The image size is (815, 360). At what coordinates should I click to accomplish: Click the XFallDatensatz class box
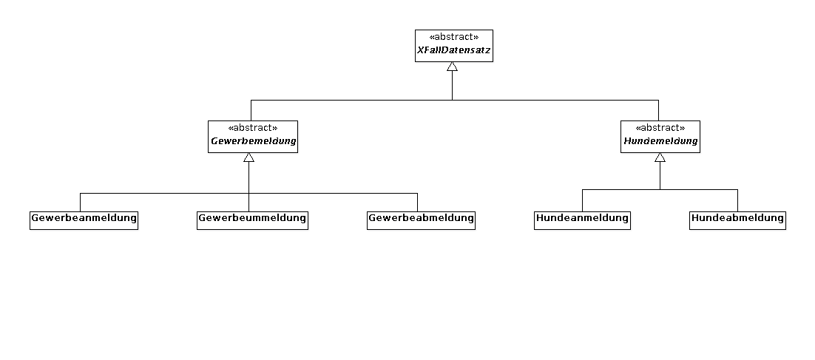pyautogui.click(x=454, y=46)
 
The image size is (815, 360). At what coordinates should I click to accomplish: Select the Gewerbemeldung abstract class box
pyautogui.click(x=253, y=137)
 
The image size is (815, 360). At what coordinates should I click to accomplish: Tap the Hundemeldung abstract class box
pyautogui.click(x=660, y=137)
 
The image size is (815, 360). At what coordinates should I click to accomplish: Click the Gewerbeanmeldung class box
pyautogui.click(x=84, y=220)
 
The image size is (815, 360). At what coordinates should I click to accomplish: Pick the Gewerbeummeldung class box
pyautogui.click(x=253, y=220)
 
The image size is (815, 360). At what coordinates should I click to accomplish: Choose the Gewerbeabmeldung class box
pyautogui.click(x=421, y=220)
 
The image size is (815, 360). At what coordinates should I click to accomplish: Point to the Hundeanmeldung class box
pyautogui.click(x=582, y=220)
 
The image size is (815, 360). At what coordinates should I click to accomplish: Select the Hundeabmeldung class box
pyautogui.click(x=737, y=220)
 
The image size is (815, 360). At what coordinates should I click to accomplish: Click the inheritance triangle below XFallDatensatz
pyautogui.click(x=452, y=67)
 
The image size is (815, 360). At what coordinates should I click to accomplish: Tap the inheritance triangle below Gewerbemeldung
pyautogui.click(x=249, y=157)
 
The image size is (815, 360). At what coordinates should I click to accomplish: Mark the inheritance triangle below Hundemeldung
pyautogui.click(x=660, y=157)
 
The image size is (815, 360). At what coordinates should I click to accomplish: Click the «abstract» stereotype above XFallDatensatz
pyautogui.click(x=454, y=38)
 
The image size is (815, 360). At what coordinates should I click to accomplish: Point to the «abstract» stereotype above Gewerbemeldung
pyautogui.click(x=253, y=129)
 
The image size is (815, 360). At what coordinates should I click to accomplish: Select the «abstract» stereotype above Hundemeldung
pyautogui.click(x=660, y=129)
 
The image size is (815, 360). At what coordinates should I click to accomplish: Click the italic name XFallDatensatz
pyautogui.click(x=454, y=51)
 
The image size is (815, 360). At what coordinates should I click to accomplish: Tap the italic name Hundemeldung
pyautogui.click(x=660, y=141)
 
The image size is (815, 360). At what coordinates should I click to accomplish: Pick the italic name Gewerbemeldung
pyautogui.click(x=253, y=141)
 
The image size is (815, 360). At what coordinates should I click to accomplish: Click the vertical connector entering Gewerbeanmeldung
pyautogui.click(x=81, y=202)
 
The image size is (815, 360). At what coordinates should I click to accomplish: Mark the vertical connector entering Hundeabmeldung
pyautogui.click(x=737, y=200)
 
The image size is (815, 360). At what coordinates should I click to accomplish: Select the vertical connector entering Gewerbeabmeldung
pyautogui.click(x=417, y=202)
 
